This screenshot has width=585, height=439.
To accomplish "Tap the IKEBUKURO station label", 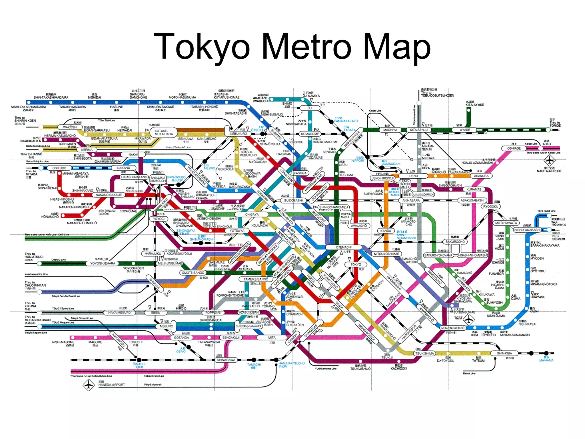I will click(238, 133).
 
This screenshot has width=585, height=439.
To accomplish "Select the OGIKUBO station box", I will click(59, 168).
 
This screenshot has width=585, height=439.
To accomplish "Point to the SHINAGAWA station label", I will click(226, 360).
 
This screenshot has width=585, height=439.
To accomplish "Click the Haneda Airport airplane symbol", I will click(89, 385).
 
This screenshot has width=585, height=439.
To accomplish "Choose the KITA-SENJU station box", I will click(418, 130).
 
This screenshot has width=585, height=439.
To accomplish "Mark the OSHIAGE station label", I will click(514, 148).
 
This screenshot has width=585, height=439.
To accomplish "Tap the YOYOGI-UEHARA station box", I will click(103, 263).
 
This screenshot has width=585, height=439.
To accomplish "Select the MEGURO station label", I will click(166, 326).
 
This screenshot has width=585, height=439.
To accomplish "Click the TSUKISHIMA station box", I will click(424, 354).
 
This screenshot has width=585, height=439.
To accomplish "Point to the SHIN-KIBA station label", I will click(504, 354).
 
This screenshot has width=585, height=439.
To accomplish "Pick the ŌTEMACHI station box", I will click(344, 247).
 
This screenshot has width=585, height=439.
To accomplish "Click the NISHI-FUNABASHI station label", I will click(527, 230).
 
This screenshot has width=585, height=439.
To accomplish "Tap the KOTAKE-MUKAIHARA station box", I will click(164, 132).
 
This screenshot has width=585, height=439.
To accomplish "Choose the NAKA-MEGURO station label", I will click(119, 313).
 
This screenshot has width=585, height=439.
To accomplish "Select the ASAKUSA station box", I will click(481, 176).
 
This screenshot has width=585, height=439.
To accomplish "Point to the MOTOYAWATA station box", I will click(506, 223).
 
